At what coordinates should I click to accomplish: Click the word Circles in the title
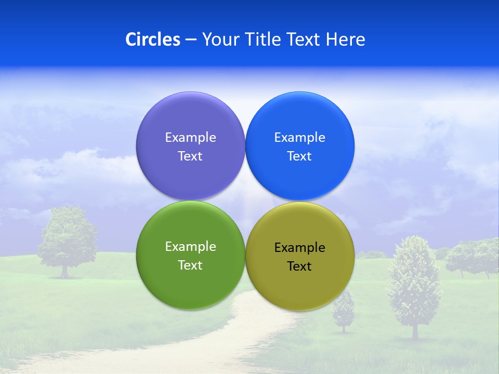tap(152, 39)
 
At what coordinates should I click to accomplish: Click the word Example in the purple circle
tap(190, 138)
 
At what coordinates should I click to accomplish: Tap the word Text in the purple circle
tap(190, 156)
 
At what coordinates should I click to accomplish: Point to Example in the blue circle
tap(299, 138)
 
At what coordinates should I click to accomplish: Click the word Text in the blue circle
tap(299, 156)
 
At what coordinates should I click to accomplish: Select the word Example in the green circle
tap(190, 247)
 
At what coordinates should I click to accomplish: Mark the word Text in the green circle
tap(190, 265)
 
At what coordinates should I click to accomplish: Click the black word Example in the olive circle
tap(299, 248)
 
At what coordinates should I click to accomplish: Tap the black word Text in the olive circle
tap(299, 266)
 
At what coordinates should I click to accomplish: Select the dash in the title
tap(190, 40)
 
